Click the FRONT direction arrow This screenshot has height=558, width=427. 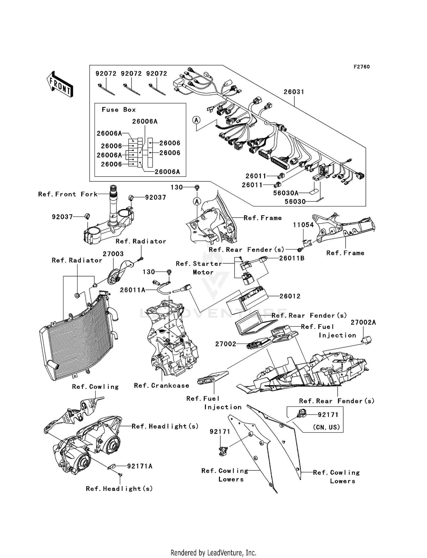click(60, 84)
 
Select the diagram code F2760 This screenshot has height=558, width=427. click(362, 67)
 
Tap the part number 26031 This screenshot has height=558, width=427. click(294, 92)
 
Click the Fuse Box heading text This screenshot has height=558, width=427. click(119, 110)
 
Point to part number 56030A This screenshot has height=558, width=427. click(286, 193)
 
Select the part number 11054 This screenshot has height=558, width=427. click(303, 225)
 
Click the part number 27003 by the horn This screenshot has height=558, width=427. click(113, 254)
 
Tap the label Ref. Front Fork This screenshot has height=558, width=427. click(68, 194)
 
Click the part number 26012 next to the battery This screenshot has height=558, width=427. click(290, 296)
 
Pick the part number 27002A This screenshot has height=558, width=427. click(363, 323)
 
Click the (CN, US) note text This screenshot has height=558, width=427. click(326, 427)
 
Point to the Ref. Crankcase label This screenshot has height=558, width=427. click(161, 386)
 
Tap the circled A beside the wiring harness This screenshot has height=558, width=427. click(196, 120)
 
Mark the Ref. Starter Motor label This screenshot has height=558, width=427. click(199, 268)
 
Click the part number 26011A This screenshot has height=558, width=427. click(132, 290)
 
